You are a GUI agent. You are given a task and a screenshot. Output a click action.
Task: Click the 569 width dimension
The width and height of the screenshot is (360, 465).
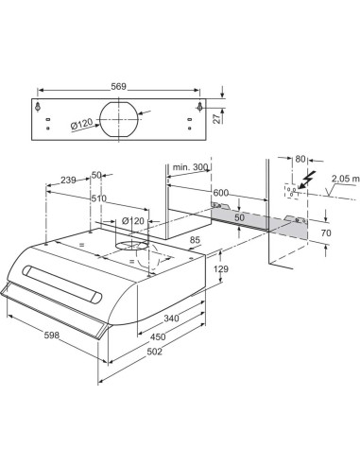(118, 86)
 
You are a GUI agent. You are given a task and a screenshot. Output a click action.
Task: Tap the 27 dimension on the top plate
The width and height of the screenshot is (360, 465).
(216, 118)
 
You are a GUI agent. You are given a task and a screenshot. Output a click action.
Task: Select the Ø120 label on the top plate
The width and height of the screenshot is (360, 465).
(81, 125)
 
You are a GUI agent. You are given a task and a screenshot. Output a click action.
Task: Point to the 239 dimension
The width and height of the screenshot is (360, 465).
(68, 180)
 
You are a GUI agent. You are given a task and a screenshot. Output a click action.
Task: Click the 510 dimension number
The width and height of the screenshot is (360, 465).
(99, 198)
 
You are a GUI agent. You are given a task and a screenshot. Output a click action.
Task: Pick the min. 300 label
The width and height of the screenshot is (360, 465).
(190, 167)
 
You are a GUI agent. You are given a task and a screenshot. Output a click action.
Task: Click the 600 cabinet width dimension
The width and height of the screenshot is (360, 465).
(221, 192)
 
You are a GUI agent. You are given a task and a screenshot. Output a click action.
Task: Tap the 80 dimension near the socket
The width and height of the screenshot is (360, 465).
(300, 159)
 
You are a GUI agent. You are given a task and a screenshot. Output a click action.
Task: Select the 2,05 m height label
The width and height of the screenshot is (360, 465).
(345, 179)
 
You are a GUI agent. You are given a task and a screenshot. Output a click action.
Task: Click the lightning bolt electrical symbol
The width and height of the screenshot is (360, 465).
(306, 180)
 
